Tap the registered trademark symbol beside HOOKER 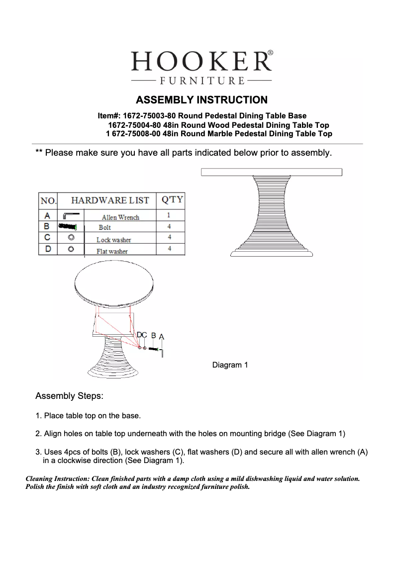click(x=270, y=52)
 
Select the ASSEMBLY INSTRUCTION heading click(x=201, y=100)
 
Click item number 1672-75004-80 click(x=133, y=125)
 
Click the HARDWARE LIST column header click(x=110, y=200)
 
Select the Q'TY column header click(x=170, y=200)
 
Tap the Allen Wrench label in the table click(x=120, y=217)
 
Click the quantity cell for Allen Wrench click(x=169, y=216)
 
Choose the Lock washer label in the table click(x=114, y=240)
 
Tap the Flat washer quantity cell click(x=170, y=248)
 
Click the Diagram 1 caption click(x=230, y=366)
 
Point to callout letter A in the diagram click(x=161, y=337)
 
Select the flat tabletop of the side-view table click(x=272, y=172)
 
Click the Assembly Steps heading click(x=69, y=396)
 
